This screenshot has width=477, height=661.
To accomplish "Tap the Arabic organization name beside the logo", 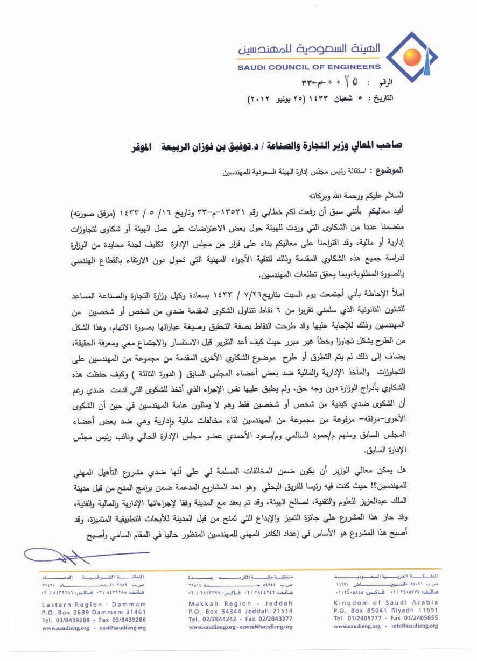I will click(x=310, y=50).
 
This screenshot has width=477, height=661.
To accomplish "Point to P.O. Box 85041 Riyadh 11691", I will click(x=385, y=612).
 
